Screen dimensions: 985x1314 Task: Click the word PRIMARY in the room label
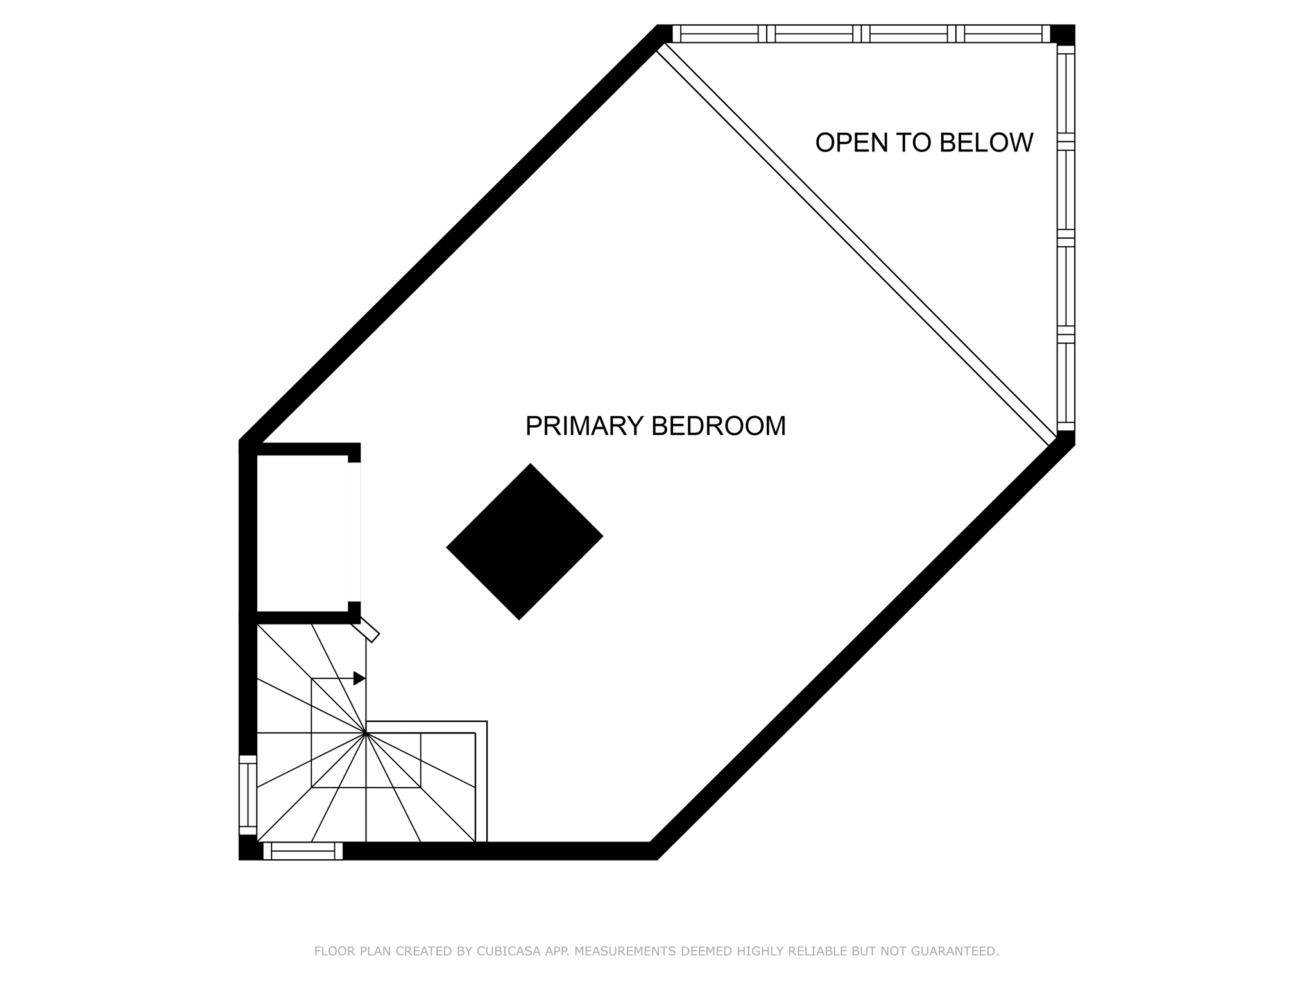point(584,426)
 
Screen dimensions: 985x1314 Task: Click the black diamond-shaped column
point(524,541)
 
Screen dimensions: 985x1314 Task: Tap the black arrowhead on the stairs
point(359,678)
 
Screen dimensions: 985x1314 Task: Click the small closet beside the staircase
point(302,532)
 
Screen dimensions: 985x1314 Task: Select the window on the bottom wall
point(303,851)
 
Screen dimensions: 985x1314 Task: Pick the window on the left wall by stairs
point(248,795)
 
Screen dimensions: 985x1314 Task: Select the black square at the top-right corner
point(1062,34)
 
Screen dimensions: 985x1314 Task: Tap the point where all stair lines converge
point(366,732)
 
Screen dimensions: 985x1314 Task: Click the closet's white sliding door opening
point(354,532)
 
